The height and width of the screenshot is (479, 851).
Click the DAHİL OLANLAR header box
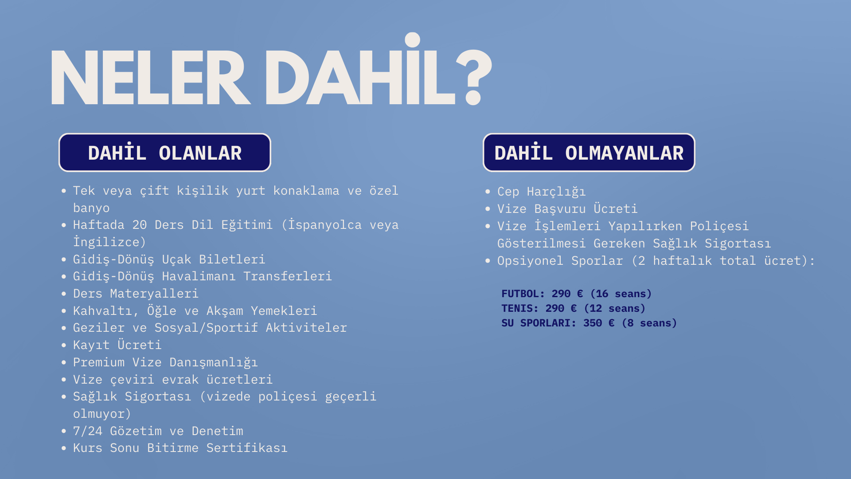[x=165, y=153]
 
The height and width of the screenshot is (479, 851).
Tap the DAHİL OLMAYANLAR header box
[x=589, y=153]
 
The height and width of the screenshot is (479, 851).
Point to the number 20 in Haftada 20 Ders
[x=140, y=225]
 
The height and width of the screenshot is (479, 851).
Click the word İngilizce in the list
[x=106, y=242]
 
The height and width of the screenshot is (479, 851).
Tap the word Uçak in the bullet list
[x=176, y=259]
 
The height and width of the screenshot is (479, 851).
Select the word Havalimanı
[x=199, y=276]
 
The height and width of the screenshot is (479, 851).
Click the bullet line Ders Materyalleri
[x=136, y=294]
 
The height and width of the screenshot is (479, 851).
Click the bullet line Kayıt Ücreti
[x=117, y=345]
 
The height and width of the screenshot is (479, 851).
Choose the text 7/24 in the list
[x=88, y=431]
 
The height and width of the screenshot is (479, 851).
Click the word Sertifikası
[x=247, y=448]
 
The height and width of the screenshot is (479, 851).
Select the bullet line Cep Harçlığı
[x=541, y=192]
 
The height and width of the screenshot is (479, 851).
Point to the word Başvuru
[x=560, y=209]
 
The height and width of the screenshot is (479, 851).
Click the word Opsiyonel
[x=530, y=261]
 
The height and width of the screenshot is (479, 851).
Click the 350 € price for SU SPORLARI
[x=599, y=323]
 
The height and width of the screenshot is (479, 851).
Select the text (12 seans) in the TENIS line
[x=615, y=308]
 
